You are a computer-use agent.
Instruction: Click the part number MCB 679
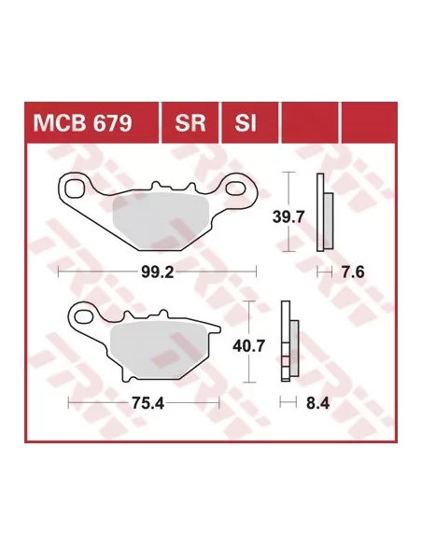[82, 122]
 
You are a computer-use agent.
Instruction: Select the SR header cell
[190, 122]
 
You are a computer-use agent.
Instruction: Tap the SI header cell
[250, 122]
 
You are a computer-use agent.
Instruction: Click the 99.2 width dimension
[158, 272]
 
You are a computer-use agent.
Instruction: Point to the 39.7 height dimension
[288, 217]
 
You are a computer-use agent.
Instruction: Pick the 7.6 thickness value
[353, 272]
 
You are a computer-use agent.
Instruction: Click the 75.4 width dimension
[148, 403]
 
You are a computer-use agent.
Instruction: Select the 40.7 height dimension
[249, 346]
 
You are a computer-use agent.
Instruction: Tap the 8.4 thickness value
[317, 403]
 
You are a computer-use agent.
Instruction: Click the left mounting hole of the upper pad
[74, 189]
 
